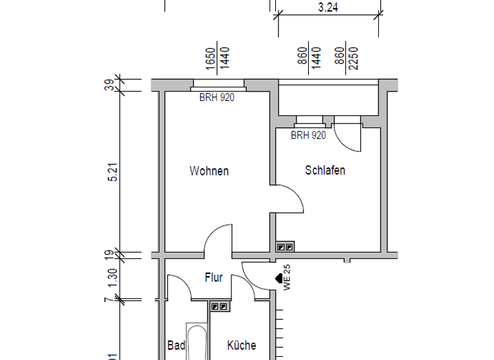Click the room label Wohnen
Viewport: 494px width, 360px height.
[x=209, y=171]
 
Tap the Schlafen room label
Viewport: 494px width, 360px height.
[x=325, y=170]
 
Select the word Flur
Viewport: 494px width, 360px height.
[x=214, y=278]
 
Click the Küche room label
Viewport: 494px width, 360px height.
[x=241, y=346]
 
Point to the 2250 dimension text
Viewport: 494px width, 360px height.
[x=352, y=58]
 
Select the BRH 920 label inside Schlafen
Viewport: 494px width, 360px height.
[x=308, y=136]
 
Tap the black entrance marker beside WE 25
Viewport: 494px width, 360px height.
[x=279, y=279]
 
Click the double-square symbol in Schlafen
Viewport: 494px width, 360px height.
[x=284, y=246]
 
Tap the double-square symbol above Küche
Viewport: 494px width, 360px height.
[x=219, y=307]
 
